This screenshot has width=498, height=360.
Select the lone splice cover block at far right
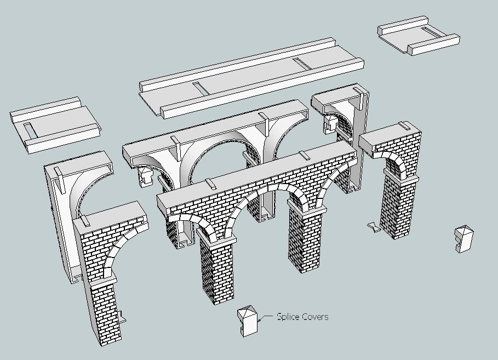tap(463, 239)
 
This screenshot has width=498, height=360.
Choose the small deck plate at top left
tap(55, 125)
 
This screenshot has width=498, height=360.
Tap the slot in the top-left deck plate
tap(30, 129)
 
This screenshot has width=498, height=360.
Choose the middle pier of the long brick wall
tap(301, 236)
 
